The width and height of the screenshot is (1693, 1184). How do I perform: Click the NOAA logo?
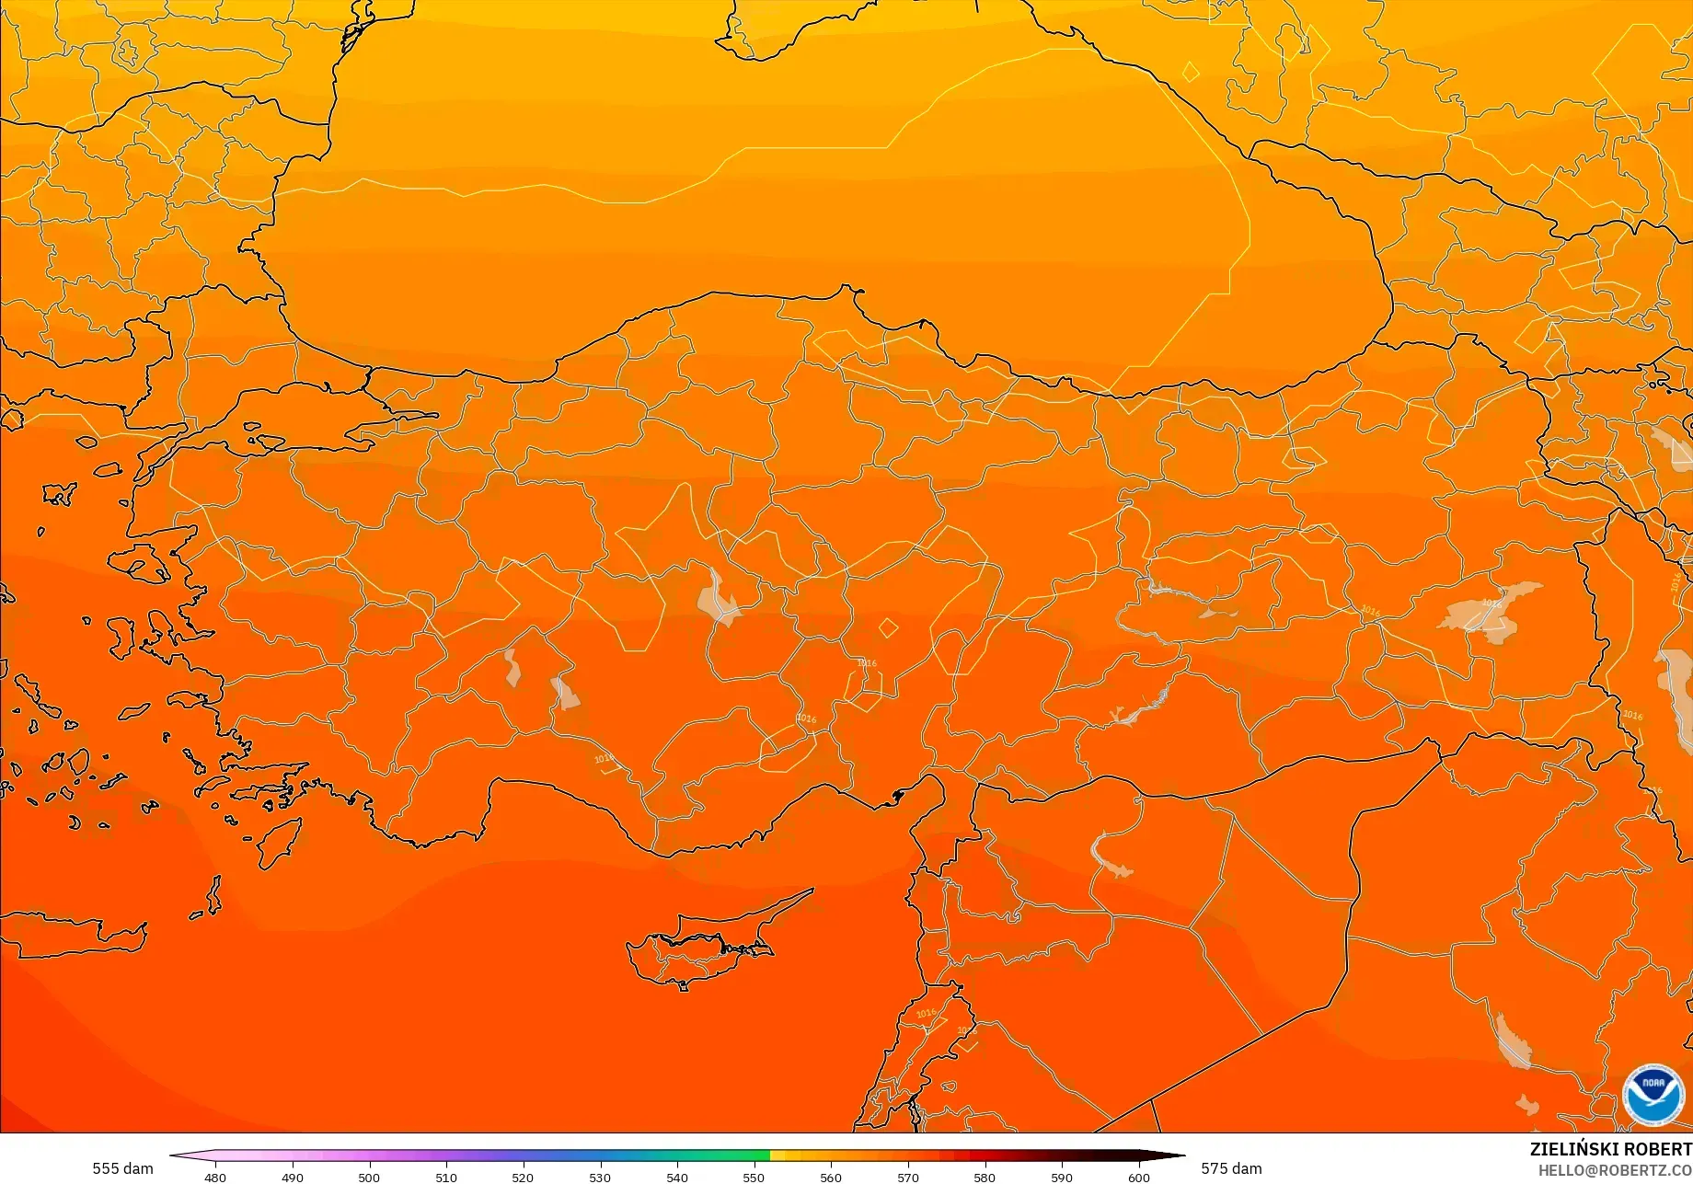(x=1653, y=1095)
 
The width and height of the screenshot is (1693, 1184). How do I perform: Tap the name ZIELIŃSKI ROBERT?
(x=1610, y=1150)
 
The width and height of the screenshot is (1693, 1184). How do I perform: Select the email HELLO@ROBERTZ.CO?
(x=1615, y=1169)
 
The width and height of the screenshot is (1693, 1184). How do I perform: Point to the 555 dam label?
(x=122, y=1168)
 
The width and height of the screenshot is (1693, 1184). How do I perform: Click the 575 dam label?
(x=1231, y=1168)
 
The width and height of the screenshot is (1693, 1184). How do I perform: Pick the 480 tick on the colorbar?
(x=215, y=1177)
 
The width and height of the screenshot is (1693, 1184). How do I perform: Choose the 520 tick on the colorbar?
(x=523, y=1177)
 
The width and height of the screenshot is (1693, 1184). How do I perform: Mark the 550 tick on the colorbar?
(x=754, y=1177)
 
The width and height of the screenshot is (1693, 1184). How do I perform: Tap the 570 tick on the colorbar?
(x=908, y=1177)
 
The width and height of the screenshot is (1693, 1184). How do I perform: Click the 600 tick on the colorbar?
(x=1139, y=1177)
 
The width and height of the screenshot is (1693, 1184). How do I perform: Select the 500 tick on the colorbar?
(x=369, y=1177)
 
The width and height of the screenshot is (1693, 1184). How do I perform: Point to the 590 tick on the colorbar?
(x=1062, y=1177)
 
